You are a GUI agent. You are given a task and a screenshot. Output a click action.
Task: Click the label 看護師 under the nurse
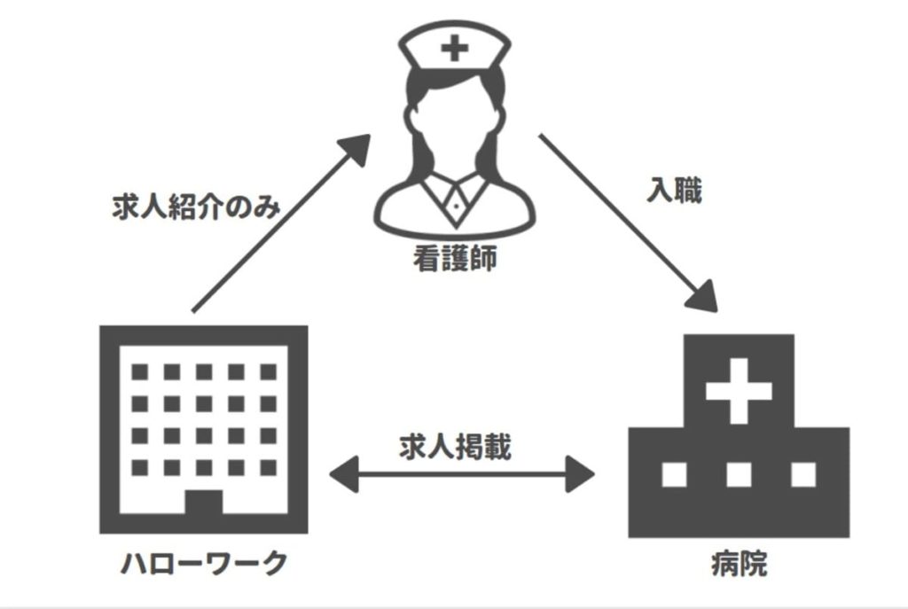[455, 259]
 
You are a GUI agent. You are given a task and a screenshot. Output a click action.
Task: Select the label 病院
[739, 564]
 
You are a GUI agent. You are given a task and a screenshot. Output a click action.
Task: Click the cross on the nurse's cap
[454, 48]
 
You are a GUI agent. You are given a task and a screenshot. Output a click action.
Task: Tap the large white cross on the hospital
[739, 391]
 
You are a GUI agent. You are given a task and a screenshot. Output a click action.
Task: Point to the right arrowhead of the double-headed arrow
[582, 475]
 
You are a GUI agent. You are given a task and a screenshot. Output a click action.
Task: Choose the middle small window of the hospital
[739, 475]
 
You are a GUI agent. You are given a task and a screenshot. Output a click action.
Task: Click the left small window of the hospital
[675, 475]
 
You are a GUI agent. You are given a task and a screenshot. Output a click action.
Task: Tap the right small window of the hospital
[802, 475]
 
